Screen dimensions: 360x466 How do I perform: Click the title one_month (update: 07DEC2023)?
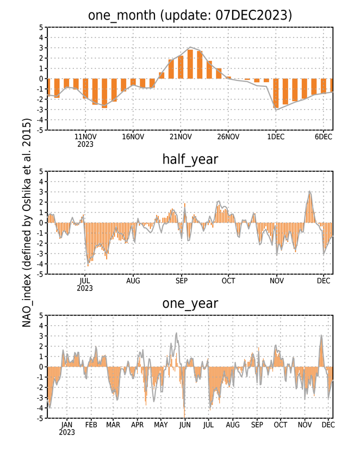pos(190,15)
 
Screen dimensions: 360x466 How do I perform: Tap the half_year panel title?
pos(190,159)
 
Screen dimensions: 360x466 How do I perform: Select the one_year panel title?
pos(190,303)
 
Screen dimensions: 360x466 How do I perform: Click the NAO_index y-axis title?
pos(27,222)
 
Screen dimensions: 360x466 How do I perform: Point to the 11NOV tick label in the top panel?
pos(85,136)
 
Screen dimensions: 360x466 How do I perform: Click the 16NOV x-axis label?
pos(133,136)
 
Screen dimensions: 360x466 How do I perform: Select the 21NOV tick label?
pos(181,136)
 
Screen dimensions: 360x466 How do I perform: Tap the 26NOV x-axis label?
pos(228,136)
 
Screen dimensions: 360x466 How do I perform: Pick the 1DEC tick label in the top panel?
pos(276,136)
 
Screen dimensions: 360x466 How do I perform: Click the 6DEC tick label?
pos(324,136)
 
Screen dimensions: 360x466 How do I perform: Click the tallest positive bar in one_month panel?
pos(190,64)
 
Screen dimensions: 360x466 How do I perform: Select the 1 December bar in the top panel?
pos(276,94)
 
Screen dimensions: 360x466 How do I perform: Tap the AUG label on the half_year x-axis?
pos(133,281)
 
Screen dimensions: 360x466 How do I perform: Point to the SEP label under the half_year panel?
pos(181,281)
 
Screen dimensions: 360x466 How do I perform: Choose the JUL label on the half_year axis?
pos(85,281)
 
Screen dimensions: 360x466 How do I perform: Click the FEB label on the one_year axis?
pos(91,425)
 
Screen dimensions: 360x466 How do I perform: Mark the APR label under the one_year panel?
pos(138,425)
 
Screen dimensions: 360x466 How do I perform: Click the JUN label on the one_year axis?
pos(184,425)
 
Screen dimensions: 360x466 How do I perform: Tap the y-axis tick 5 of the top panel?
pos(41,27)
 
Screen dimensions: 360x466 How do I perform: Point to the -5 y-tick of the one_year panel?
pos(40,418)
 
